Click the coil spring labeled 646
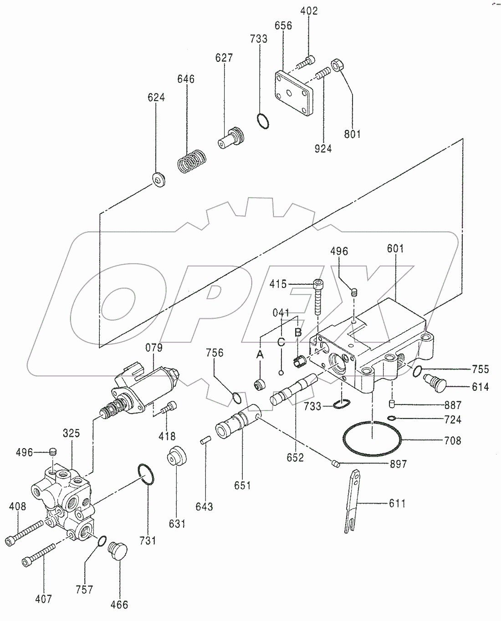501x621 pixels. pos(191,162)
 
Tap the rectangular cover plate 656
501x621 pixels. pos(294,93)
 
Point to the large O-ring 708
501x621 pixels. pos(372,440)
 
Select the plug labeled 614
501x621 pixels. pos(434,381)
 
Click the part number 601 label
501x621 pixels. pos(395,249)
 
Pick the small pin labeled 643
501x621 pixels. pos(204,440)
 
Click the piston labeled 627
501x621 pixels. pos(231,137)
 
